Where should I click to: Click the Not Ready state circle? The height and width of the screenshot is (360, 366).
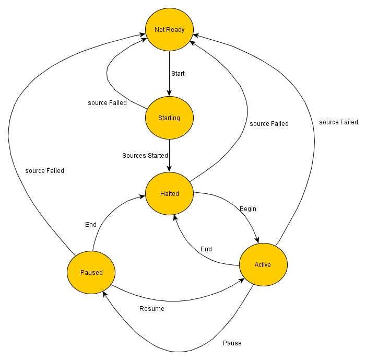(x=169, y=30)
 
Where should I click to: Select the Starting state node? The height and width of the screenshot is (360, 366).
(x=169, y=118)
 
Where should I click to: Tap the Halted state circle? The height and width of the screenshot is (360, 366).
(x=169, y=194)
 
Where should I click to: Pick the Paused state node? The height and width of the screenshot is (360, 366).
(x=91, y=273)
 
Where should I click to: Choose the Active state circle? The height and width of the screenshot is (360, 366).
(x=263, y=265)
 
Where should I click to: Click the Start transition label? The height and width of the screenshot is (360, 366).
(x=178, y=74)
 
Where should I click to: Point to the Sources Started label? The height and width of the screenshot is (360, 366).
(x=145, y=156)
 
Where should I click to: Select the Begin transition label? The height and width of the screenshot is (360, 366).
(x=248, y=209)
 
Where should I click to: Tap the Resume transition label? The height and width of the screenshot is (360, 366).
(x=152, y=309)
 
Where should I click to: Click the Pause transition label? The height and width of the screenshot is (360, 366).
(x=232, y=343)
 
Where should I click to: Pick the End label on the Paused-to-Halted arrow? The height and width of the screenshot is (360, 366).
(x=91, y=225)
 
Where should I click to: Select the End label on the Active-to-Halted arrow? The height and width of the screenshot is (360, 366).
(x=206, y=249)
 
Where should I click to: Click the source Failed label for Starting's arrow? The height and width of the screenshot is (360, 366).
(x=107, y=103)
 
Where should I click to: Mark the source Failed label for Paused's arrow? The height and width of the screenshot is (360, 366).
(x=45, y=171)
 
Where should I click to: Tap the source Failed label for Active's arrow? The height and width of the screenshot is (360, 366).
(x=338, y=122)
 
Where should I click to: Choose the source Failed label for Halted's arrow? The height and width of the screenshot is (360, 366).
(x=269, y=124)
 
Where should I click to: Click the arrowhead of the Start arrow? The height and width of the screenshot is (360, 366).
(x=169, y=92)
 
